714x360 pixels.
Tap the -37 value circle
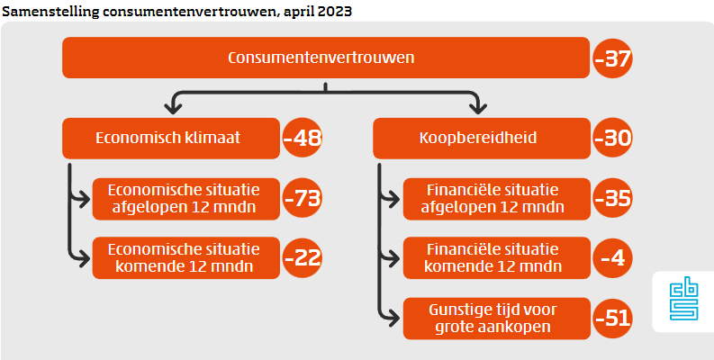[613, 61]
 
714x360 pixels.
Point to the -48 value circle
[303, 139]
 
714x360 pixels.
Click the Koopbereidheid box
[479, 139]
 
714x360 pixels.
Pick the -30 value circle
[613, 139]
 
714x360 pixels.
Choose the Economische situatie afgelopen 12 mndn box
[185, 198]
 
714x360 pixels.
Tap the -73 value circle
[303, 199]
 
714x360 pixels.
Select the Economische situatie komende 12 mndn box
[185, 256]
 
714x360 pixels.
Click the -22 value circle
[303, 257]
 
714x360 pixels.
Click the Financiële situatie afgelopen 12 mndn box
[493, 198]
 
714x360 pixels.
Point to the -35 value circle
[613, 199]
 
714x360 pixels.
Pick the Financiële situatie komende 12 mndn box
[493, 256]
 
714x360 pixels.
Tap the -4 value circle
[613, 257]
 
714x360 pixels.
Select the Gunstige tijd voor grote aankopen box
[493, 317]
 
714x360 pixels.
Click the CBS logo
[683, 301]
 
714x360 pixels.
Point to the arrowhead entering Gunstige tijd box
[393, 316]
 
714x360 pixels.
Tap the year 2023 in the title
[335, 11]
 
